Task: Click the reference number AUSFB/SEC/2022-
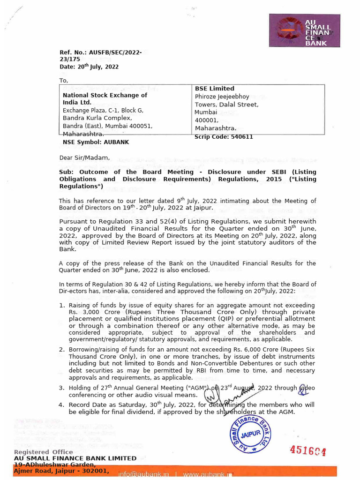tap(100, 52)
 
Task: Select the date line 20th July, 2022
tap(89, 67)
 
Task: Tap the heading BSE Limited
tap(215, 89)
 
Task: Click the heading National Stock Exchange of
tap(105, 95)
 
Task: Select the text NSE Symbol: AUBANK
tap(96, 142)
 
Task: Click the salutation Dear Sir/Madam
tap(84, 157)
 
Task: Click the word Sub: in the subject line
tap(66, 172)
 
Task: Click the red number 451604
tap(307, 450)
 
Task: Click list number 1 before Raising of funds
tap(62, 306)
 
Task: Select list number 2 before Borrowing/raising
tap(62, 350)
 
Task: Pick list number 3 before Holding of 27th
tap(62, 388)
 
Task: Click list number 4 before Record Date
tap(62, 405)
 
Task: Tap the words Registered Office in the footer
tap(43, 452)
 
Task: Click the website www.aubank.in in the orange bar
tap(207, 475)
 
